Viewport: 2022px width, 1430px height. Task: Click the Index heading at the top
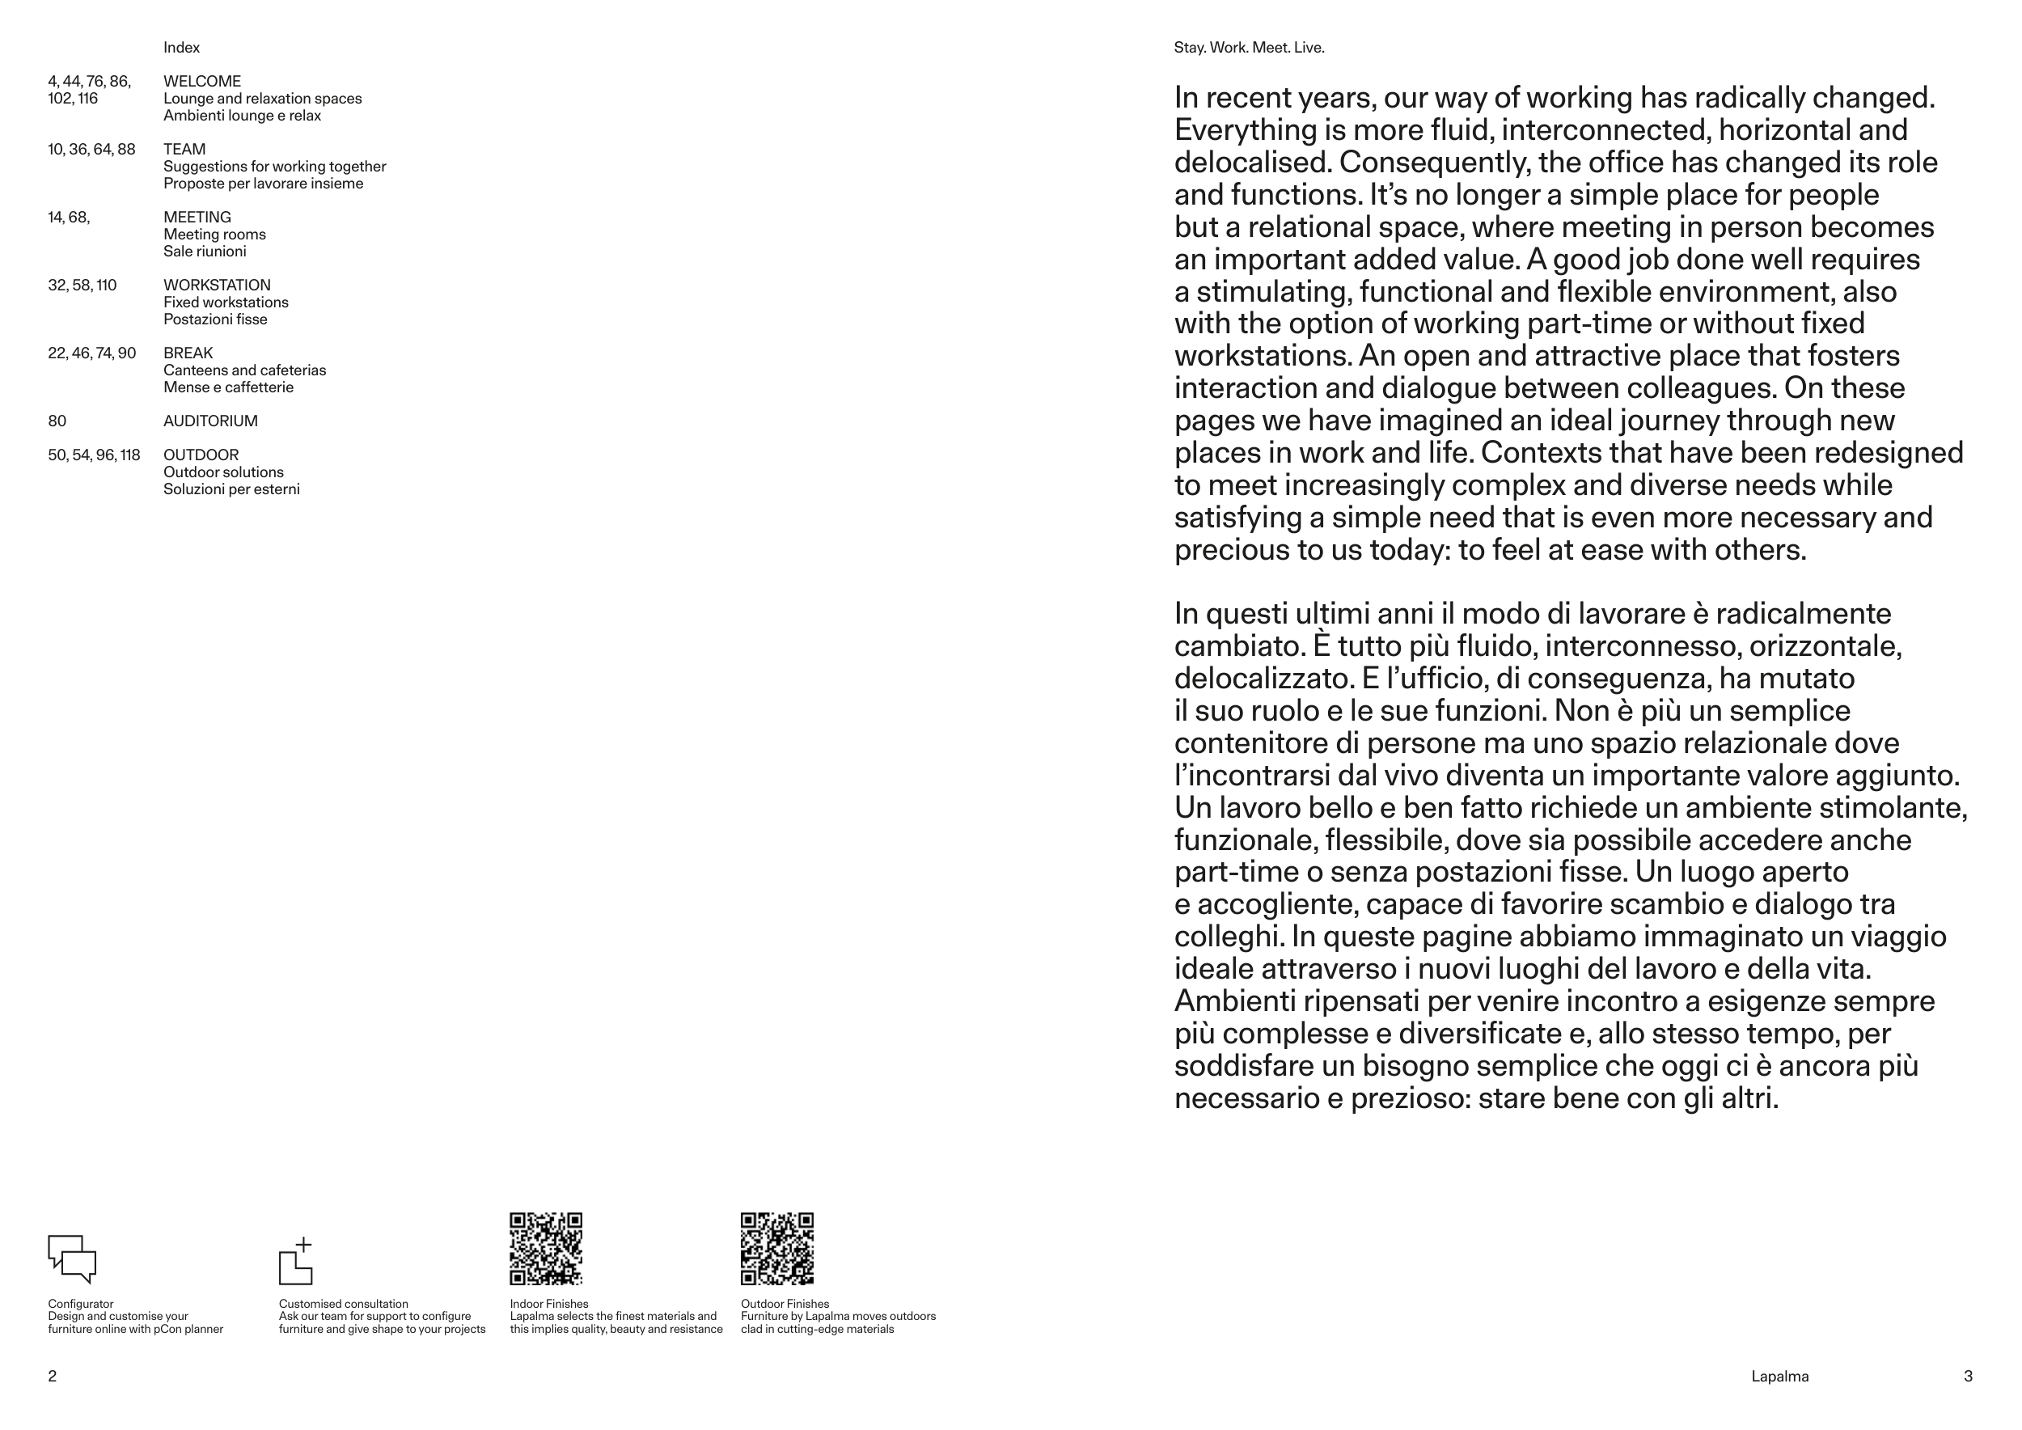(181, 48)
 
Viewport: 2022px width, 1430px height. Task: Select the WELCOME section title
(201, 81)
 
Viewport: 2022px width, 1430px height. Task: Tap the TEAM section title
(184, 149)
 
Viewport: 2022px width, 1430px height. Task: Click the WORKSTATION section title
(217, 286)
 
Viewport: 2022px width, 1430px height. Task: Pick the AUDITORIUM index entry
(210, 421)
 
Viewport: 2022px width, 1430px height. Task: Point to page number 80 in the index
(57, 421)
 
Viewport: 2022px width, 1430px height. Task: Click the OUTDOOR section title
(201, 455)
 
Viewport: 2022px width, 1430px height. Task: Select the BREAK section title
(188, 353)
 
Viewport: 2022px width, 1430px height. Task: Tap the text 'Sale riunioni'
(205, 252)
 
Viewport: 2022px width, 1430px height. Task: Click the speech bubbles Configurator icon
(71, 1259)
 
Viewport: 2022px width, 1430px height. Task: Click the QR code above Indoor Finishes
(546, 1249)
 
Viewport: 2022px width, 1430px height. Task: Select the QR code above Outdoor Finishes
(776, 1249)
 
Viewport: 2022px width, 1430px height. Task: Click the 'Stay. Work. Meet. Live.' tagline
(1249, 48)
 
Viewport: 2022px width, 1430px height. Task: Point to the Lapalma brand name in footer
(1780, 1377)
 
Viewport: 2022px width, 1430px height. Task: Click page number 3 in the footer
(1969, 1377)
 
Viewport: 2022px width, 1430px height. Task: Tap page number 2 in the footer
(52, 1377)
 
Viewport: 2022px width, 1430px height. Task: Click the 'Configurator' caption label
(80, 1304)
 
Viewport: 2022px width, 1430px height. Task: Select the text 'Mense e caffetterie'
(228, 387)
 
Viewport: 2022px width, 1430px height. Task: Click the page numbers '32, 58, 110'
(82, 286)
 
